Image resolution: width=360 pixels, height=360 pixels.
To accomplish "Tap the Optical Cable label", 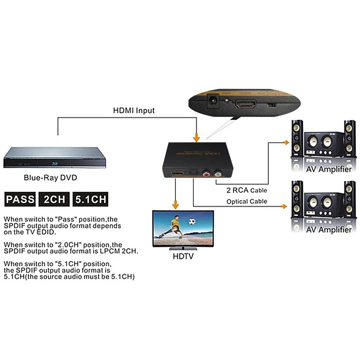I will click(x=247, y=201).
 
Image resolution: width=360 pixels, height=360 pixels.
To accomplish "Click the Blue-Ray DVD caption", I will click(x=50, y=178).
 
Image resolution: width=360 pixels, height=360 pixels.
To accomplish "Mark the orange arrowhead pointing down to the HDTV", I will click(x=175, y=206).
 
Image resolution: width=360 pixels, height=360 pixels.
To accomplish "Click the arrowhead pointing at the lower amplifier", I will click(x=284, y=207).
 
